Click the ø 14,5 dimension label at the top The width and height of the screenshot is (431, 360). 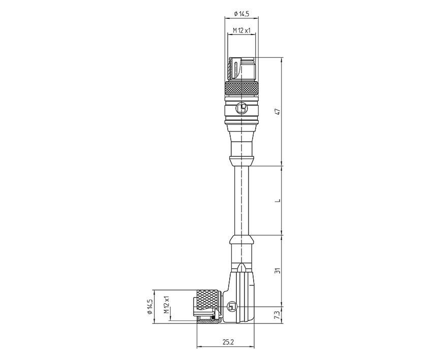click(240, 14)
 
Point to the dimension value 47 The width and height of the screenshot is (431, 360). click(278, 112)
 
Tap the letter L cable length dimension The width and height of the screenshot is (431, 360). click(278, 201)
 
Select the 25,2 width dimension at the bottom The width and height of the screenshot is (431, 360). click(228, 342)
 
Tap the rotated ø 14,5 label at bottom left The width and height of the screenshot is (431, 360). click(150, 307)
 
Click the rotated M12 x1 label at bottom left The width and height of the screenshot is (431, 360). click(166, 307)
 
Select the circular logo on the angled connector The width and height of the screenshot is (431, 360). click(232, 307)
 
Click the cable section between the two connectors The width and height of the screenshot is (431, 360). click(240, 201)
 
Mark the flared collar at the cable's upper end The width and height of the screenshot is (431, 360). click(240, 161)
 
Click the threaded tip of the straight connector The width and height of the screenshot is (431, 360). click(241, 69)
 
